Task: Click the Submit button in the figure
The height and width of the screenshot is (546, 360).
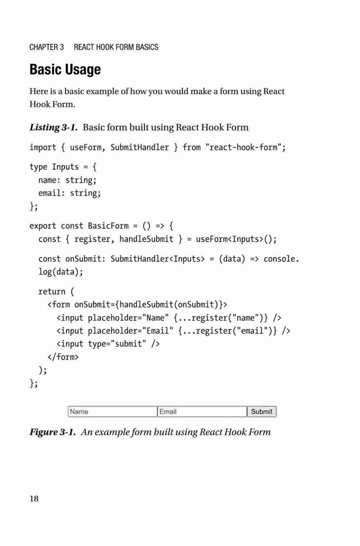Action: click(x=262, y=412)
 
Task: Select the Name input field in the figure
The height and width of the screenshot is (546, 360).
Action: click(x=113, y=412)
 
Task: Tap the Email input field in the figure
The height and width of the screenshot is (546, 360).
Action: click(x=202, y=412)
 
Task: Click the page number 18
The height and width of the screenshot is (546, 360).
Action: click(x=34, y=498)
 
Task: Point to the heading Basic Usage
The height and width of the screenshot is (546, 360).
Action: click(x=65, y=69)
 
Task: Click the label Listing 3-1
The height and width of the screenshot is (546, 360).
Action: click(x=54, y=127)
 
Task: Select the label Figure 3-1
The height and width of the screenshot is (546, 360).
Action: click(x=52, y=432)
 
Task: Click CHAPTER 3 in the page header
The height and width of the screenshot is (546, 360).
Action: click(x=46, y=47)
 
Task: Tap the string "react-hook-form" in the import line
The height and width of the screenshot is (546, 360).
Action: click(x=243, y=147)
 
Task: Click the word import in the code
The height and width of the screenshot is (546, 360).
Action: click(x=43, y=147)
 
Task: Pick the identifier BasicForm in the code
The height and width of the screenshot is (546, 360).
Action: click(x=108, y=225)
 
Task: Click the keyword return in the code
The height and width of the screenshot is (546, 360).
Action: click(x=51, y=292)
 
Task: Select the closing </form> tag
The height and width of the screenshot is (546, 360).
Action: click(x=63, y=357)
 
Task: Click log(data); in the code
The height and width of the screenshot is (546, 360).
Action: click(x=61, y=271)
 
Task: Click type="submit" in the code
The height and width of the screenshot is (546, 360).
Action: click(x=117, y=344)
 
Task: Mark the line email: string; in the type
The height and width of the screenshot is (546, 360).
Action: click(x=70, y=193)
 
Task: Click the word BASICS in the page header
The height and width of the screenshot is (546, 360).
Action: click(x=147, y=47)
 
